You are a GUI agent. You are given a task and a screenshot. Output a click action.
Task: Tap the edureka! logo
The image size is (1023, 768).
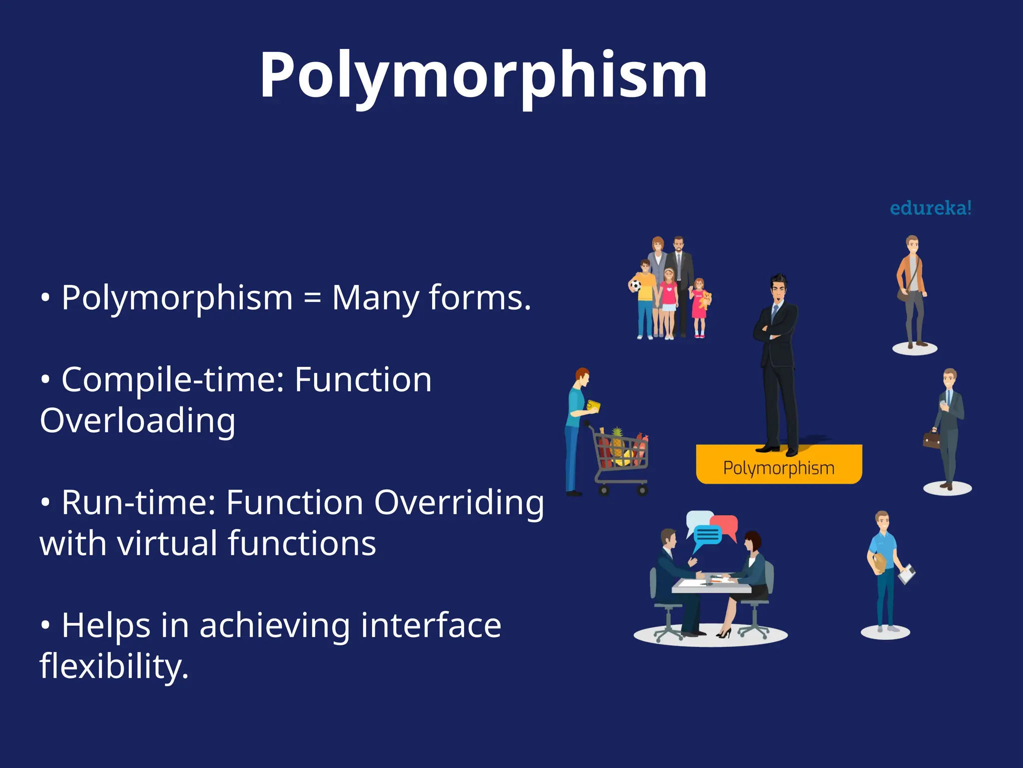[x=931, y=208]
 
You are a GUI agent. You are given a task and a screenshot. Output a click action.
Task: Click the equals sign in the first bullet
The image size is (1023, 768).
[x=312, y=298]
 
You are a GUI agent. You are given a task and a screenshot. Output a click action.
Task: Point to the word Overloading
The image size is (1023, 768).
[x=137, y=420]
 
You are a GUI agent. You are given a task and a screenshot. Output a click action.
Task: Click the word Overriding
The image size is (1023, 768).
[x=459, y=502]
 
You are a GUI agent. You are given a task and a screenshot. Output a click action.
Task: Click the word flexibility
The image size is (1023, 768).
[x=114, y=666]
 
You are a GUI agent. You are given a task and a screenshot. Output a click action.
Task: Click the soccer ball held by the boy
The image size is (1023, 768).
[x=635, y=286]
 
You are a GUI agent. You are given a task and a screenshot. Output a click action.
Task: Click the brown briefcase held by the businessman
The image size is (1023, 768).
[x=931, y=439]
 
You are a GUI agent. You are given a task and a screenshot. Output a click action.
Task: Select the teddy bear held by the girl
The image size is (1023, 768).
[x=705, y=299]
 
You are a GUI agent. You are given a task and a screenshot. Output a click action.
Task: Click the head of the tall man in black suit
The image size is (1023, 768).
[x=778, y=288]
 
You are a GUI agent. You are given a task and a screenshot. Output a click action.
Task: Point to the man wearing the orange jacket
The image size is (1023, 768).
[x=912, y=290]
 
